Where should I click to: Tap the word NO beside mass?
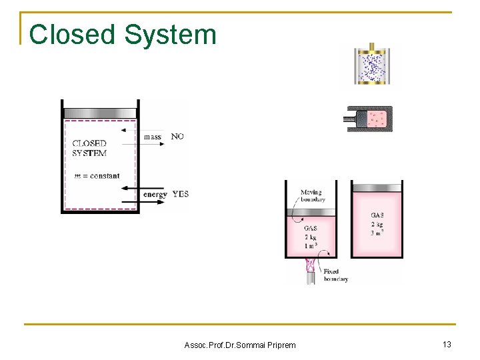177,136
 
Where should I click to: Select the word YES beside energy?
180,194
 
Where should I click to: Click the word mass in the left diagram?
153,137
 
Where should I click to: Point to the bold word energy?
156,195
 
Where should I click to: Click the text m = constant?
97,176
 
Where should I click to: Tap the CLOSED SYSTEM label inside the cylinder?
89,148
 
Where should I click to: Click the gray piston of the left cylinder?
100,112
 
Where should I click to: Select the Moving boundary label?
313,196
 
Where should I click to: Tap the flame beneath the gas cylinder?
311,267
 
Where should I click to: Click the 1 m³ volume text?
311,246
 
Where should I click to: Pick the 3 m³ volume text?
377,233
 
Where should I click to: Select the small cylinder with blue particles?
377,67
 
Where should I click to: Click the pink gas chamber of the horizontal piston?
378,119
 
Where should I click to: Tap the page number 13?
447,344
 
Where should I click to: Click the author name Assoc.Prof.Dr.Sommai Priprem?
240,345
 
